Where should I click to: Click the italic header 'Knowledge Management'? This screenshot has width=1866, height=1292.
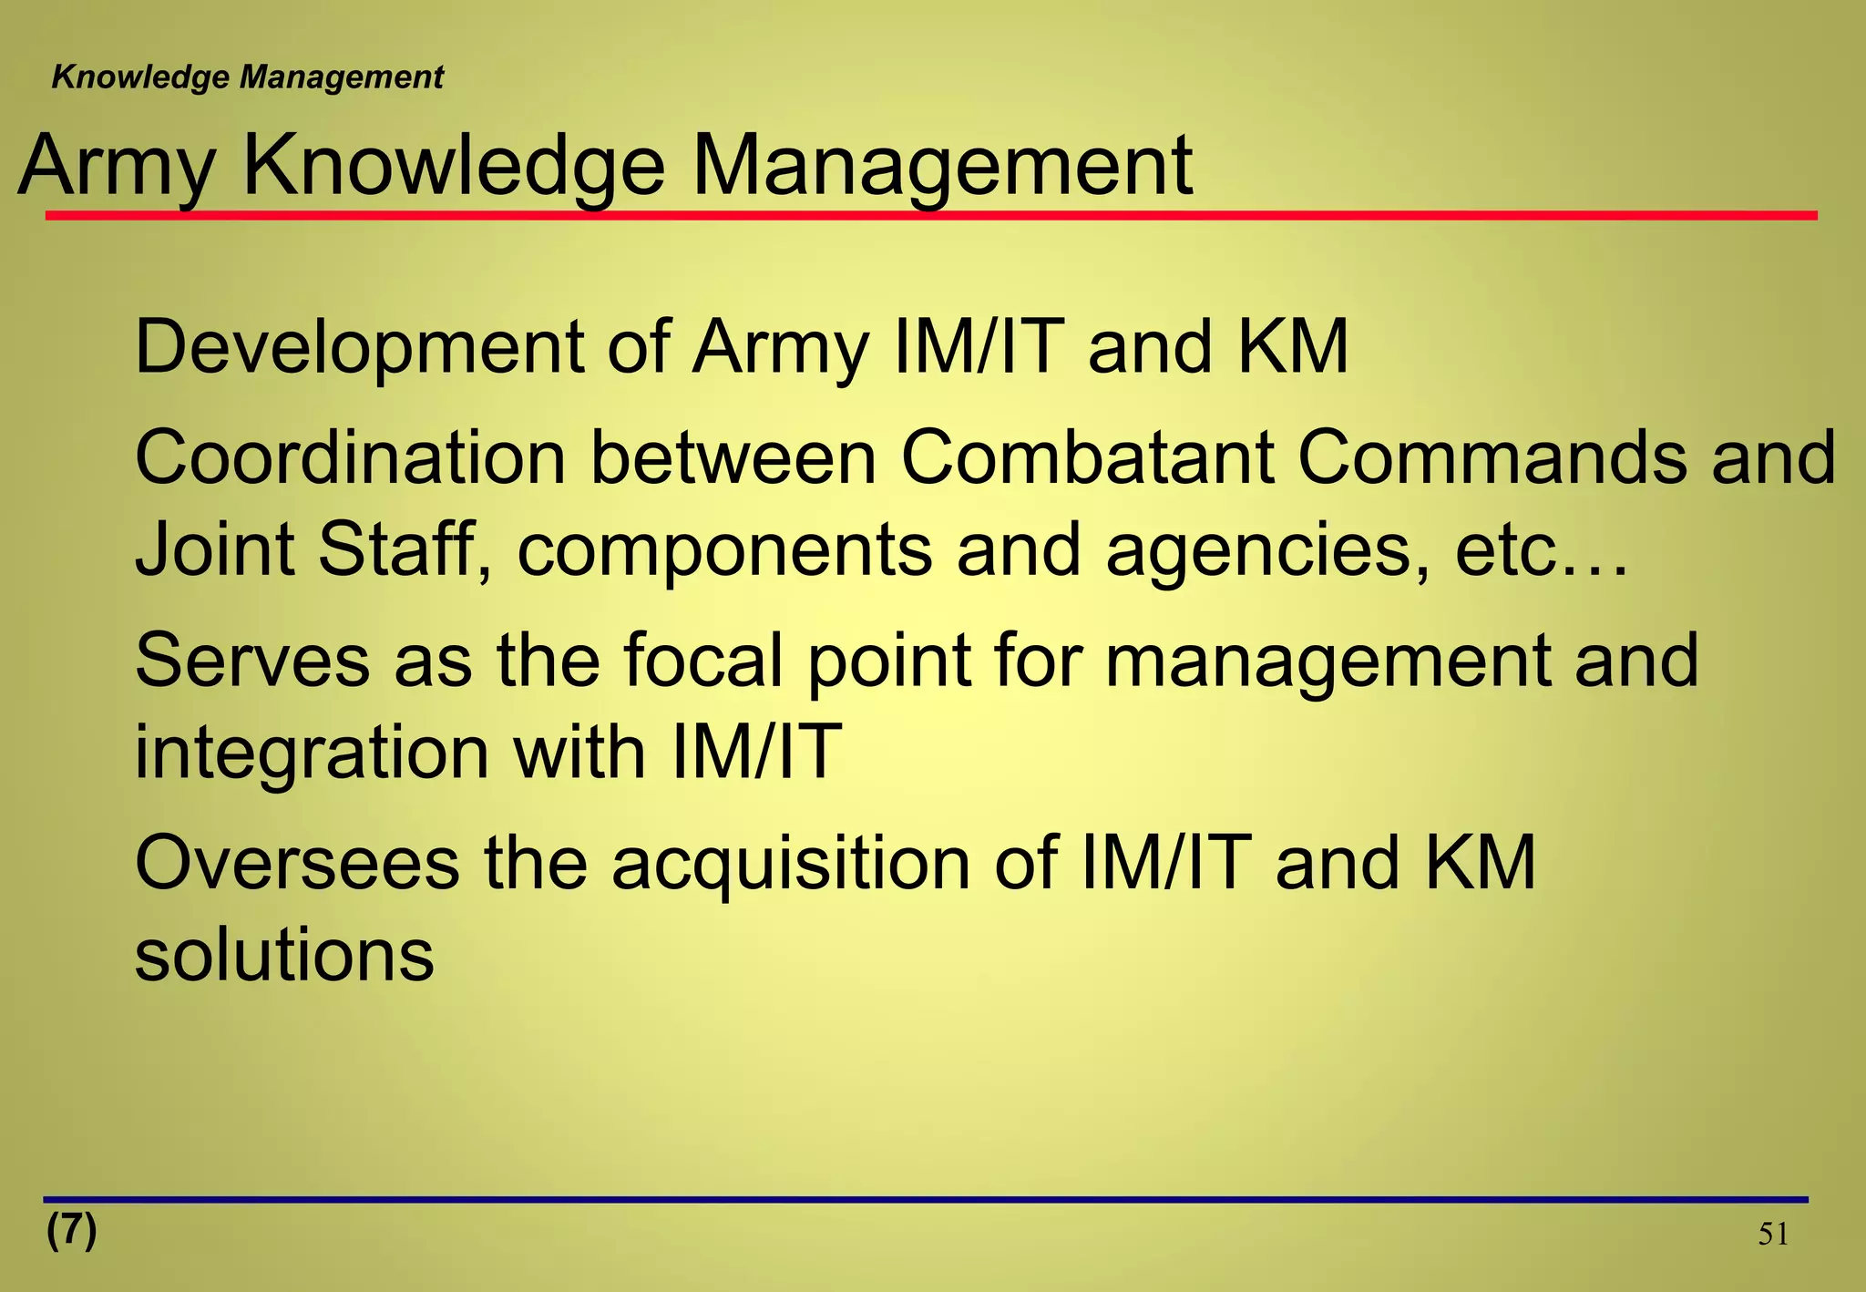247,77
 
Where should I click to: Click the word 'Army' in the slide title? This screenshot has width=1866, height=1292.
117,167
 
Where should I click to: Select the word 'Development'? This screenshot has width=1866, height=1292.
359,348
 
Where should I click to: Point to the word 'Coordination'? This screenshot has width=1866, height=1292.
350,458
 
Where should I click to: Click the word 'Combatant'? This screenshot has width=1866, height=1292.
1087,458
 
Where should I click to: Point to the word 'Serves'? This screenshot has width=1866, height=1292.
252,661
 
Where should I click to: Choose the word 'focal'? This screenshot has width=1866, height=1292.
702,661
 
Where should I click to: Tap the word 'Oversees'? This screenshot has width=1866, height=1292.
297,864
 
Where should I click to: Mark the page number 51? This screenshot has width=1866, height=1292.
1772,1235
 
